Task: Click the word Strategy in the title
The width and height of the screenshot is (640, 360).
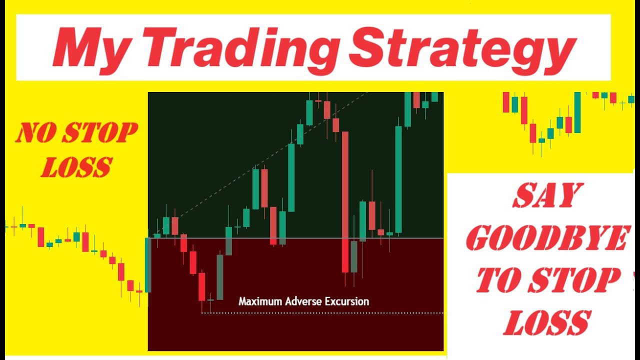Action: click(x=462, y=49)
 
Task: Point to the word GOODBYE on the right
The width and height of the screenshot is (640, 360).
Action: click(x=547, y=238)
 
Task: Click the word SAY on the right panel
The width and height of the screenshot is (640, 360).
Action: click(x=547, y=195)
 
